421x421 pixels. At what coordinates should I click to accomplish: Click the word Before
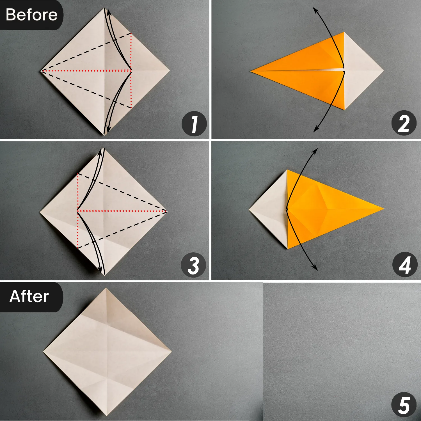31,15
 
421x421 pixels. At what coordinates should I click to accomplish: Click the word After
29,296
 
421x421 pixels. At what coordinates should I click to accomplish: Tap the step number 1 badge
194,124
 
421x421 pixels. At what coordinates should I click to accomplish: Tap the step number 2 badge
404,123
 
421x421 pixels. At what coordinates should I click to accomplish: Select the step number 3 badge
193,265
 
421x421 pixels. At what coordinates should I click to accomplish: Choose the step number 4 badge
404,265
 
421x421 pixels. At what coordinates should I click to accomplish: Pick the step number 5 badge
404,405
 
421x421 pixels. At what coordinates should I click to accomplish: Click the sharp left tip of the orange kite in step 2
251,71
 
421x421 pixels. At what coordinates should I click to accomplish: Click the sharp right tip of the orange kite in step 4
383,209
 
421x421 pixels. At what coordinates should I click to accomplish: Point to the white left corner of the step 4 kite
249,209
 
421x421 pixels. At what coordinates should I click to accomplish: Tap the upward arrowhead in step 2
315,10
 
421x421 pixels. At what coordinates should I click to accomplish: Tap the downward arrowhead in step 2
315,130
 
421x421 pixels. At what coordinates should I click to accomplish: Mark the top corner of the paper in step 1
104,8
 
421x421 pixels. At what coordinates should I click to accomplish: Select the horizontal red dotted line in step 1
87,71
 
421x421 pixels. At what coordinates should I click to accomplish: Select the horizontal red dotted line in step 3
122,211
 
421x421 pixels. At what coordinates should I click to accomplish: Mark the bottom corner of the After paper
106,415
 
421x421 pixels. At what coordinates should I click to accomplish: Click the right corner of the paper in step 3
167,211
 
